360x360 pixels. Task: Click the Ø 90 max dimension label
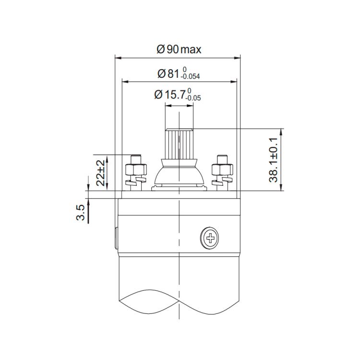179,49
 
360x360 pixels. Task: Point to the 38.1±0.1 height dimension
273,160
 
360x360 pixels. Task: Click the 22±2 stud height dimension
101,173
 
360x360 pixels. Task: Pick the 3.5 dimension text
81,213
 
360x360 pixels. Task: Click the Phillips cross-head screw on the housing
209,238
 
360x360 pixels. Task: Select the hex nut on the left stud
136,169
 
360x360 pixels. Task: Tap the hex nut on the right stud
222,169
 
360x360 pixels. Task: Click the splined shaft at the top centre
179,144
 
